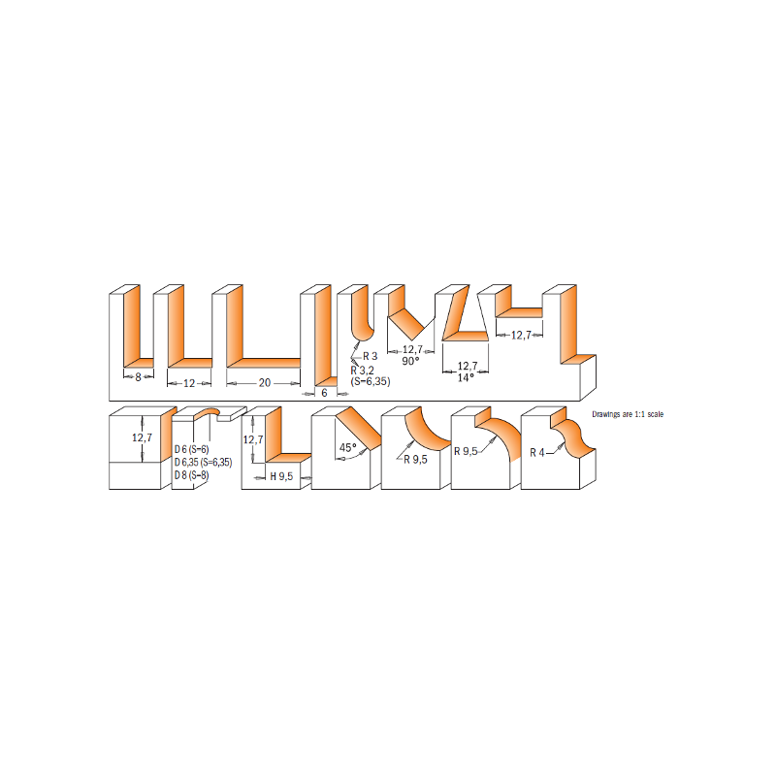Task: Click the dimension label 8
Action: (138, 377)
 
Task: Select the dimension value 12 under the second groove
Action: (189, 383)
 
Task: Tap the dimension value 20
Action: (265, 382)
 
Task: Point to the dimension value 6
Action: (324, 393)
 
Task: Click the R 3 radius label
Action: (371, 356)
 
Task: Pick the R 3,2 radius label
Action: (362, 371)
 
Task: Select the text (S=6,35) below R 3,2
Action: (371, 381)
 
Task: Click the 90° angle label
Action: (410, 361)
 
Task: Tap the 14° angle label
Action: (466, 377)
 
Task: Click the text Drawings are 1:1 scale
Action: (628, 414)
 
